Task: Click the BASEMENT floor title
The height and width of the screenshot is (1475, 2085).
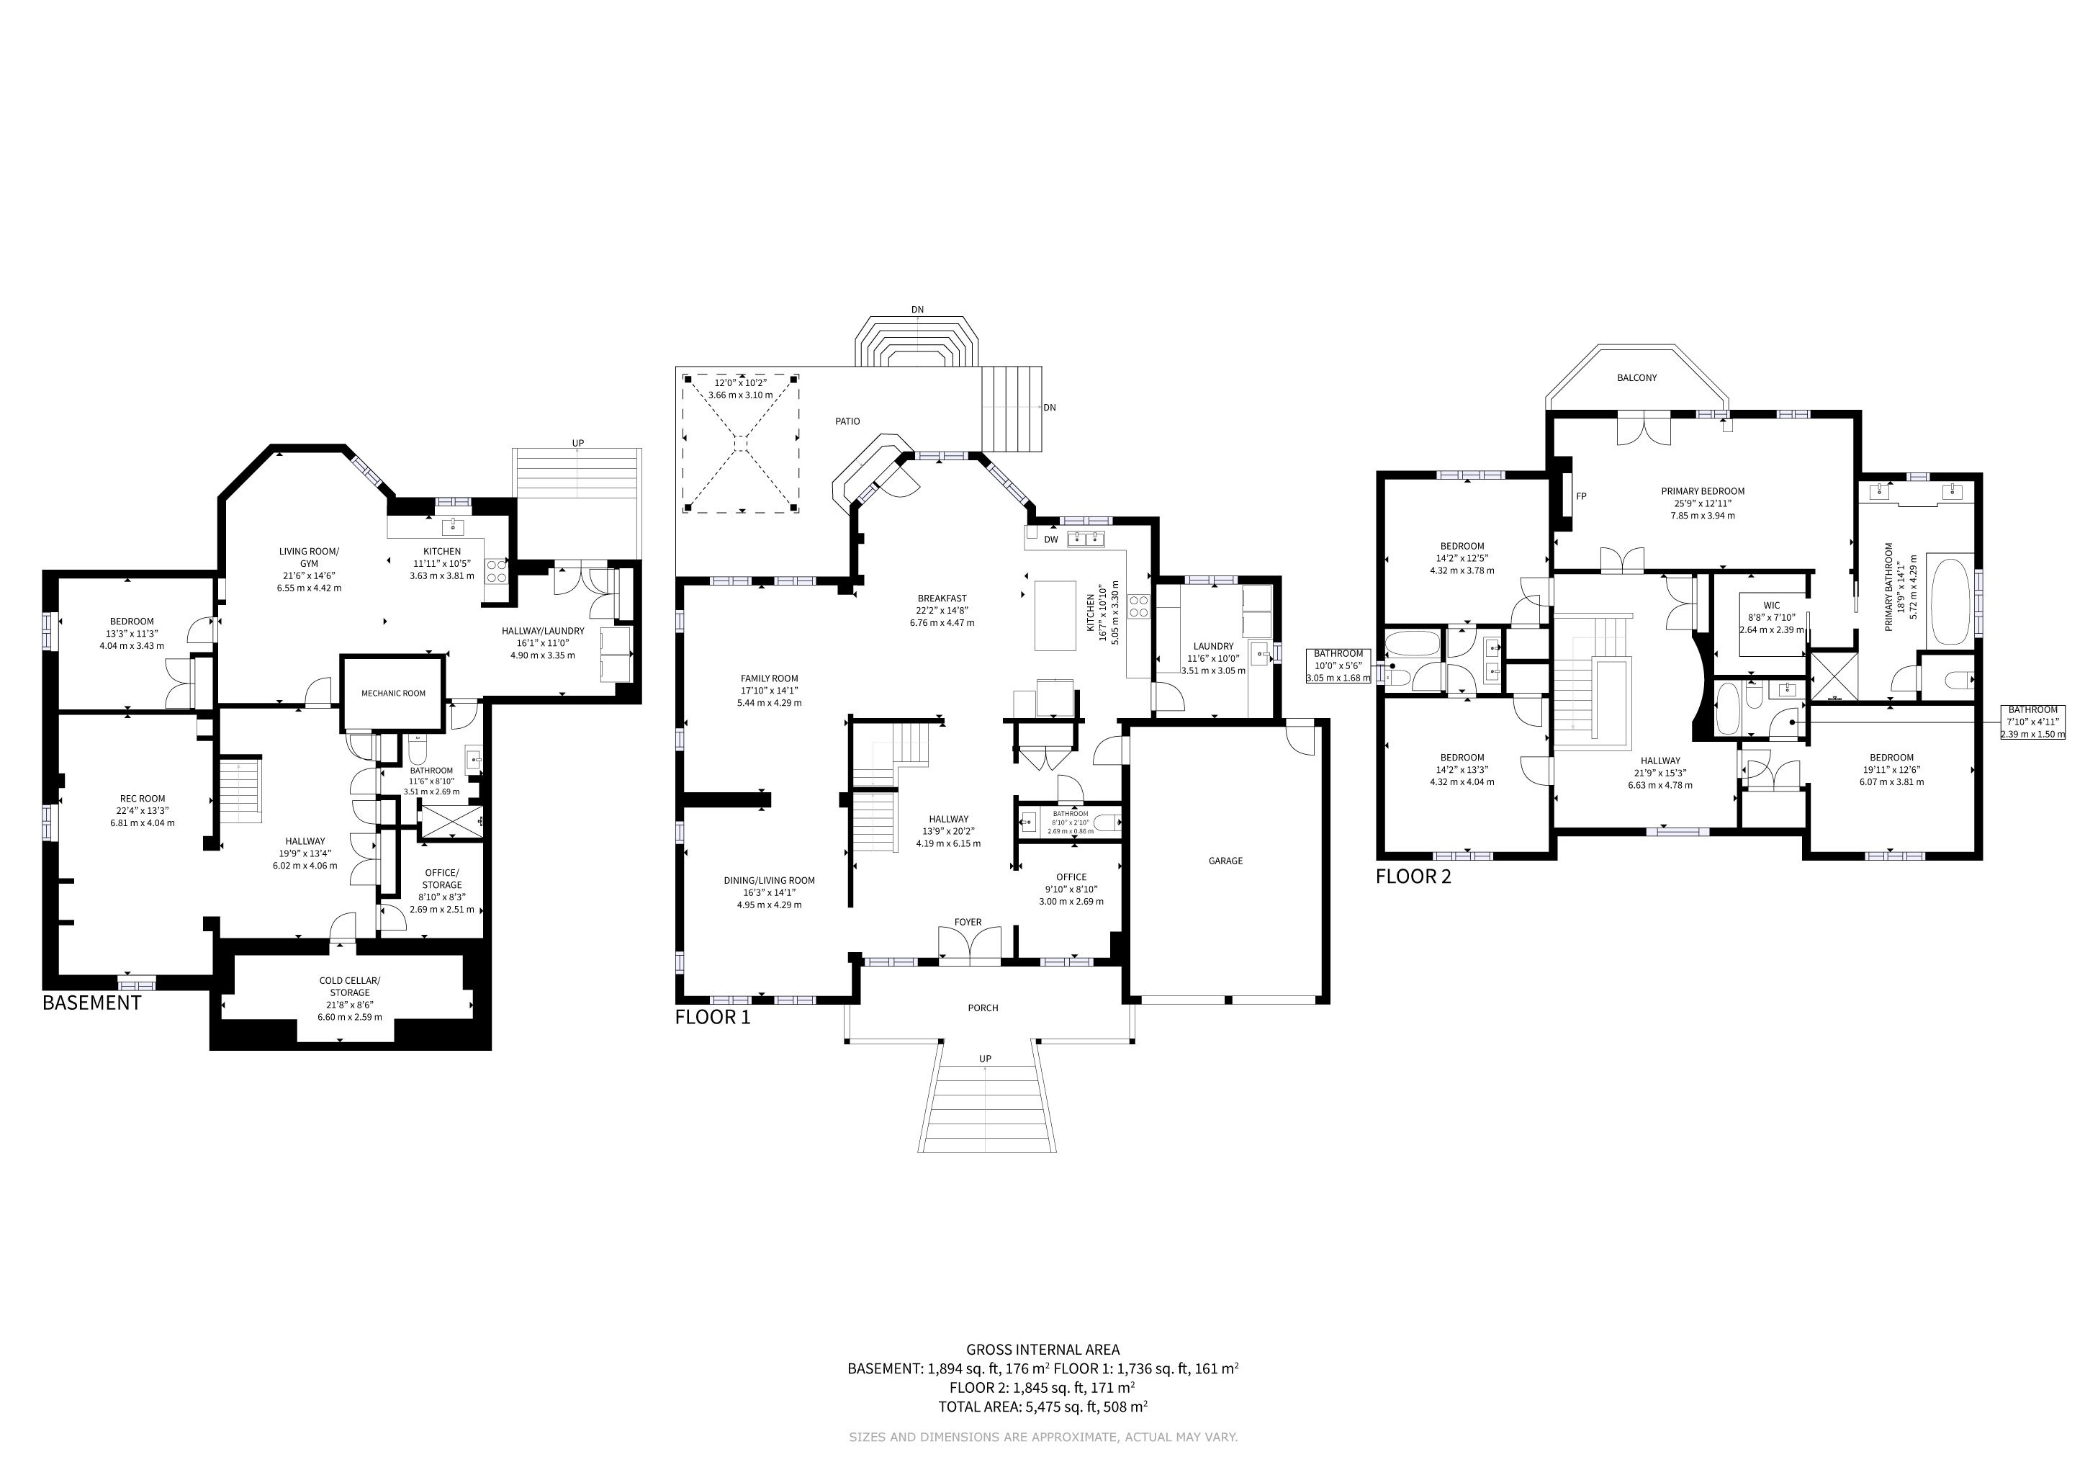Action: tap(91, 1003)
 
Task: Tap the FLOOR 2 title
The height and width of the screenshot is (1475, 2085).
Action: tap(1413, 877)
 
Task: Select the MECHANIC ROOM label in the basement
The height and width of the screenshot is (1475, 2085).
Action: tap(393, 693)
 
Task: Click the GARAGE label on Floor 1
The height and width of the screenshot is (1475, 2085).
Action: tap(1225, 861)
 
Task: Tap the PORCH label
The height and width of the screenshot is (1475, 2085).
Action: tap(983, 1008)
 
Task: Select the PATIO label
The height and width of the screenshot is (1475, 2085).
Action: tap(847, 421)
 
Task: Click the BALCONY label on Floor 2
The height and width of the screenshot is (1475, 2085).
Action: tap(1636, 378)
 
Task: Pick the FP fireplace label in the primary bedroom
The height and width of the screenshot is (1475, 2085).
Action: tap(1581, 497)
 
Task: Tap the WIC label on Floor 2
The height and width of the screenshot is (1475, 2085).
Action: tap(1772, 606)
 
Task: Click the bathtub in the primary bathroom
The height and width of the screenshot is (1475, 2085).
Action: tap(1949, 601)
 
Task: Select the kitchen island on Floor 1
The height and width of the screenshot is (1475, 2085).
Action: tap(1055, 616)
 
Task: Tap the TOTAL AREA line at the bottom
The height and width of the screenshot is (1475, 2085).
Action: tap(1042, 1407)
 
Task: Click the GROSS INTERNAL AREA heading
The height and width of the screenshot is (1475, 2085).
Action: tap(1042, 1350)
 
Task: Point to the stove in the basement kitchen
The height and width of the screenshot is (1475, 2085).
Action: tap(497, 570)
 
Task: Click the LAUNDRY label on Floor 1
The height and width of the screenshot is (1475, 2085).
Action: tap(1213, 647)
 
